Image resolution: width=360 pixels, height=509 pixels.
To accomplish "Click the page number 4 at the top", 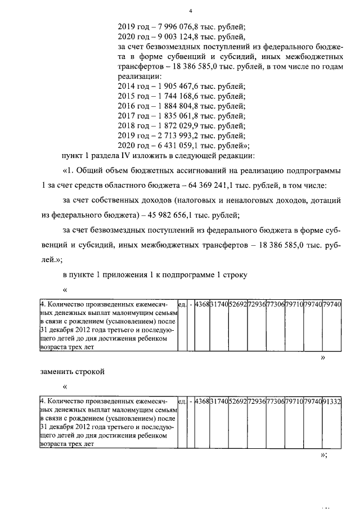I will pos(191,11).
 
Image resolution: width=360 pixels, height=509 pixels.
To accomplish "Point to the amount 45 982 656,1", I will pos(169,214).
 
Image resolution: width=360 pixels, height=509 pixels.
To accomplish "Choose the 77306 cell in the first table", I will pos(275,304).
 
